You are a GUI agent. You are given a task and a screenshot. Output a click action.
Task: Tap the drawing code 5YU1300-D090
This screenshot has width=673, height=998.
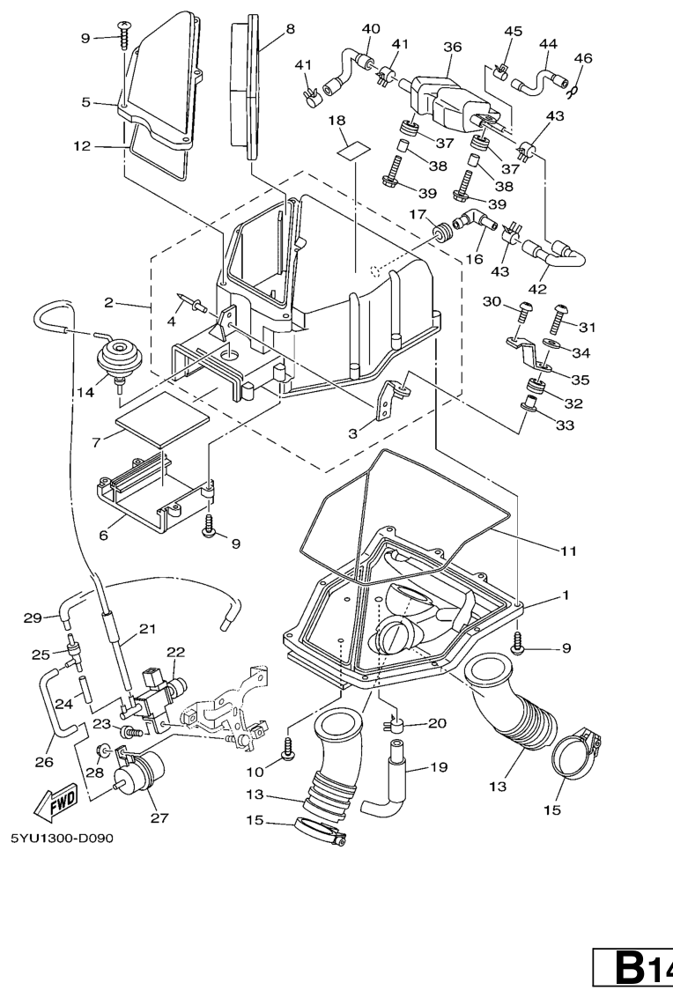62,838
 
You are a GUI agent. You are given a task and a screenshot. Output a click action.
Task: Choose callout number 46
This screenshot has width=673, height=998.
582,58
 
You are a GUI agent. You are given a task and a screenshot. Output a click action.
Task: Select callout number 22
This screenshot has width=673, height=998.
176,652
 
